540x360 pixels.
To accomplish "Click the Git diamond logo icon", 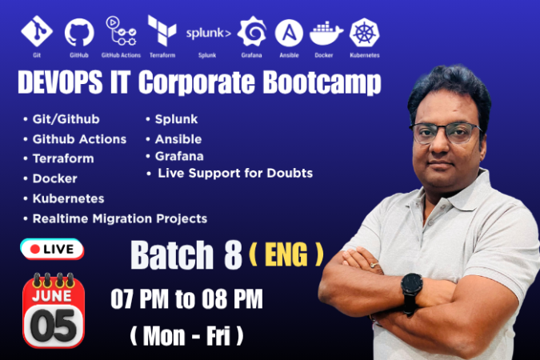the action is point(37,31).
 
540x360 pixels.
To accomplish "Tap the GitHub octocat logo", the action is point(79,32).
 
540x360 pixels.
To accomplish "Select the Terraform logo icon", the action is point(162,30).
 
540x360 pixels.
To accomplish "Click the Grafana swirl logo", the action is point(252,31).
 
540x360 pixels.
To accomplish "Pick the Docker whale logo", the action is point(326,34).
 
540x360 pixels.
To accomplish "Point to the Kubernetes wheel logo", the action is point(364,32).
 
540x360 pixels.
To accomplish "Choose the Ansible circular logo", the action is point(289,33).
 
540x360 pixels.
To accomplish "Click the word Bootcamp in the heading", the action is point(322,82).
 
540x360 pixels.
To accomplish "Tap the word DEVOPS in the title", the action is point(60,82).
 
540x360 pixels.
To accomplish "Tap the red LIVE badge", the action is point(52,249).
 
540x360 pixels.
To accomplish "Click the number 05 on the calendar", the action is point(54,326).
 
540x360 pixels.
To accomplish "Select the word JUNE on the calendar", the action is point(52,296).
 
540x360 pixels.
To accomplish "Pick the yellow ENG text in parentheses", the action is point(286,254).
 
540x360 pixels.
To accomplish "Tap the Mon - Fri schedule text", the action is point(186,336).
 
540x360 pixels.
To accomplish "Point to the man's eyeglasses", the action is point(446,133).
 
